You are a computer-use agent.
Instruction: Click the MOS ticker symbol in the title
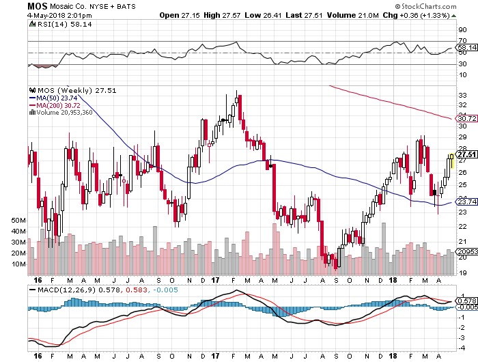pyautogui.click(x=37, y=6)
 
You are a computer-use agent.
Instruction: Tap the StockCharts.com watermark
pyautogui.click(x=426, y=6)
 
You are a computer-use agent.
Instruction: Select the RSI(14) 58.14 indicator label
pyautogui.click(x=61, y=24)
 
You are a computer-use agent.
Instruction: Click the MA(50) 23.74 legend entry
pyautogui.click(x=53, y=98)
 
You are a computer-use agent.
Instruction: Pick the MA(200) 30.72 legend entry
pyautogui.click(x=55, y=105)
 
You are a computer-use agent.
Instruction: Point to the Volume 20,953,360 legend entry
pyautogui.click(x=61, y=112)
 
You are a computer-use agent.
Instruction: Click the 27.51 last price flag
pyautogui.click(x=466, y=154)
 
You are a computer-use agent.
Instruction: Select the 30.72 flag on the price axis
pyautogui.click(x=466, y=118)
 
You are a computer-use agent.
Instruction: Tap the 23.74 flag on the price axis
pyautogui.click(x=466, y=202)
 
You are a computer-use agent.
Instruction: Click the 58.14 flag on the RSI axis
pyautogui.click(x=466, y=48)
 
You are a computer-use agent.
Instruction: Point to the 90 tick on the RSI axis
pyautogui.click(x=462, y=29)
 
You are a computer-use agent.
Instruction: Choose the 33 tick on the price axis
pyautogui.click(x=462, y=96)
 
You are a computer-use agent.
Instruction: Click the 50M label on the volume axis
pyautogui.click(x=18, y=220)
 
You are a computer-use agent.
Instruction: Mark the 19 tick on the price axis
pyautogui.click(x=462, y=273)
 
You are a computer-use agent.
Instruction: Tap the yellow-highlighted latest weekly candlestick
pyautogui.click(x=452, y=161)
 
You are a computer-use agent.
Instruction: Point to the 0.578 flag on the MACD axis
pyautogui.click(x=466, y=301)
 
